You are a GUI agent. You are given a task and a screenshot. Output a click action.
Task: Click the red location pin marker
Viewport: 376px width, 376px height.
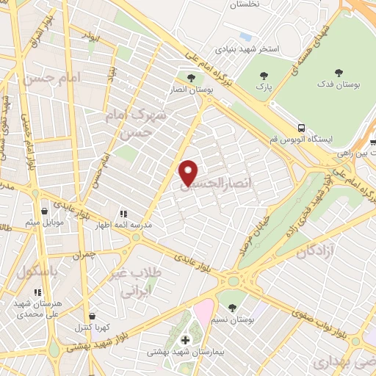(x=189, y=173)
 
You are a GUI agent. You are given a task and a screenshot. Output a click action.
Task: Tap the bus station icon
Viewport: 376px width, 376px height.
(x=301, y=126)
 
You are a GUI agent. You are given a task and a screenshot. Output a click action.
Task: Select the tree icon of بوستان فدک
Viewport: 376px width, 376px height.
(x=339, y=73)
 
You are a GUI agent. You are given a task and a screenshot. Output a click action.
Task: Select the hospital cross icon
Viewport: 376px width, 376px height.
(x=185, y=340)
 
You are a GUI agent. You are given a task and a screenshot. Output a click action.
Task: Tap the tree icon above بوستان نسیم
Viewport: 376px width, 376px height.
(x=233, y=306)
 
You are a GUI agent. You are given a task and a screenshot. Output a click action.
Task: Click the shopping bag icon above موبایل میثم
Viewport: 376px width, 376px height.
(x=45, y=209)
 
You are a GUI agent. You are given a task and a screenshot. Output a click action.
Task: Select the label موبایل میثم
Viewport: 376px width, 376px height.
(x=45, y=221)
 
